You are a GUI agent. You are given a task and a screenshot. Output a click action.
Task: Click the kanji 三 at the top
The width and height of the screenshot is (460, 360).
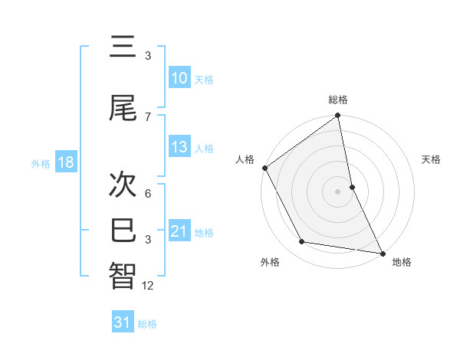coord(123,49)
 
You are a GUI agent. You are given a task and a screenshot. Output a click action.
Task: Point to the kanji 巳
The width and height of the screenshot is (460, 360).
coord(123,230)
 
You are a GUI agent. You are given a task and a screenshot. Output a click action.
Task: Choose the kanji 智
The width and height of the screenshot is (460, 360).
coord(123,276)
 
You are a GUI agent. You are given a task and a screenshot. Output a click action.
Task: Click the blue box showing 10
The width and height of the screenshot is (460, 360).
coord(179,77)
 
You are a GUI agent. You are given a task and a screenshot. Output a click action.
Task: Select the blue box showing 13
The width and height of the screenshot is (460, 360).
coord(179,147)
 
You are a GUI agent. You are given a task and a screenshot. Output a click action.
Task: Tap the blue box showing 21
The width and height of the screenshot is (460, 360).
coord(179,231)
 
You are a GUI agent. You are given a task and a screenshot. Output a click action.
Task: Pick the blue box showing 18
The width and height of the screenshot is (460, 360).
coord(65,162)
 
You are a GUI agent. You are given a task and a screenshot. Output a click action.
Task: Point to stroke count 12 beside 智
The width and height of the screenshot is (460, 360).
coord(148,286)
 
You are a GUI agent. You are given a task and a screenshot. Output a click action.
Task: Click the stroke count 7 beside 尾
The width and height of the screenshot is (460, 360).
coord(148,116)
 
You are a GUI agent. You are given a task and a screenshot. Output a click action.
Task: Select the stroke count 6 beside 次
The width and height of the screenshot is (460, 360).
coord(148,194)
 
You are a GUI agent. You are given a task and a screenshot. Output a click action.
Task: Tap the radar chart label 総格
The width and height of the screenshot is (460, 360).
coord(338,100)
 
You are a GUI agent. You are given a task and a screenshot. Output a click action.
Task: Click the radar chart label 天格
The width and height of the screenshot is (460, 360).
coord(432,159)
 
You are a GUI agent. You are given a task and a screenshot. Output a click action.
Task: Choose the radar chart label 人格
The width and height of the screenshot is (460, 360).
coord(245,159)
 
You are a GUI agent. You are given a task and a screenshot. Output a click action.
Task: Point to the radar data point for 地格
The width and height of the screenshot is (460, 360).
coord(382,253)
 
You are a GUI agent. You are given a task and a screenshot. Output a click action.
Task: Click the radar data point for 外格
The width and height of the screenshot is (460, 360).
coord(302,242)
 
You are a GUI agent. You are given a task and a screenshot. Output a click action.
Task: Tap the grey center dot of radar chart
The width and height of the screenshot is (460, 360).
coord(338,191)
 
